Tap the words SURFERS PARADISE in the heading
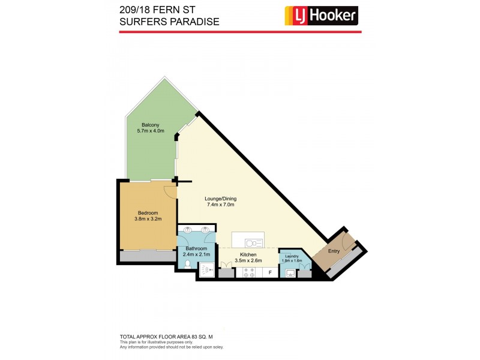click(169, 22)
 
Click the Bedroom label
click(148, 213)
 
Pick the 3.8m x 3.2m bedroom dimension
click(148, 219)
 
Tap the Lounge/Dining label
click(220, 199)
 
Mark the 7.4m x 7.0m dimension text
click(220, 205)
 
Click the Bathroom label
click(196, 249)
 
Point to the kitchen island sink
click(254, 242)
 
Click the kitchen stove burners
click(248, 272)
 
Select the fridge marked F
click(271, 273)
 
